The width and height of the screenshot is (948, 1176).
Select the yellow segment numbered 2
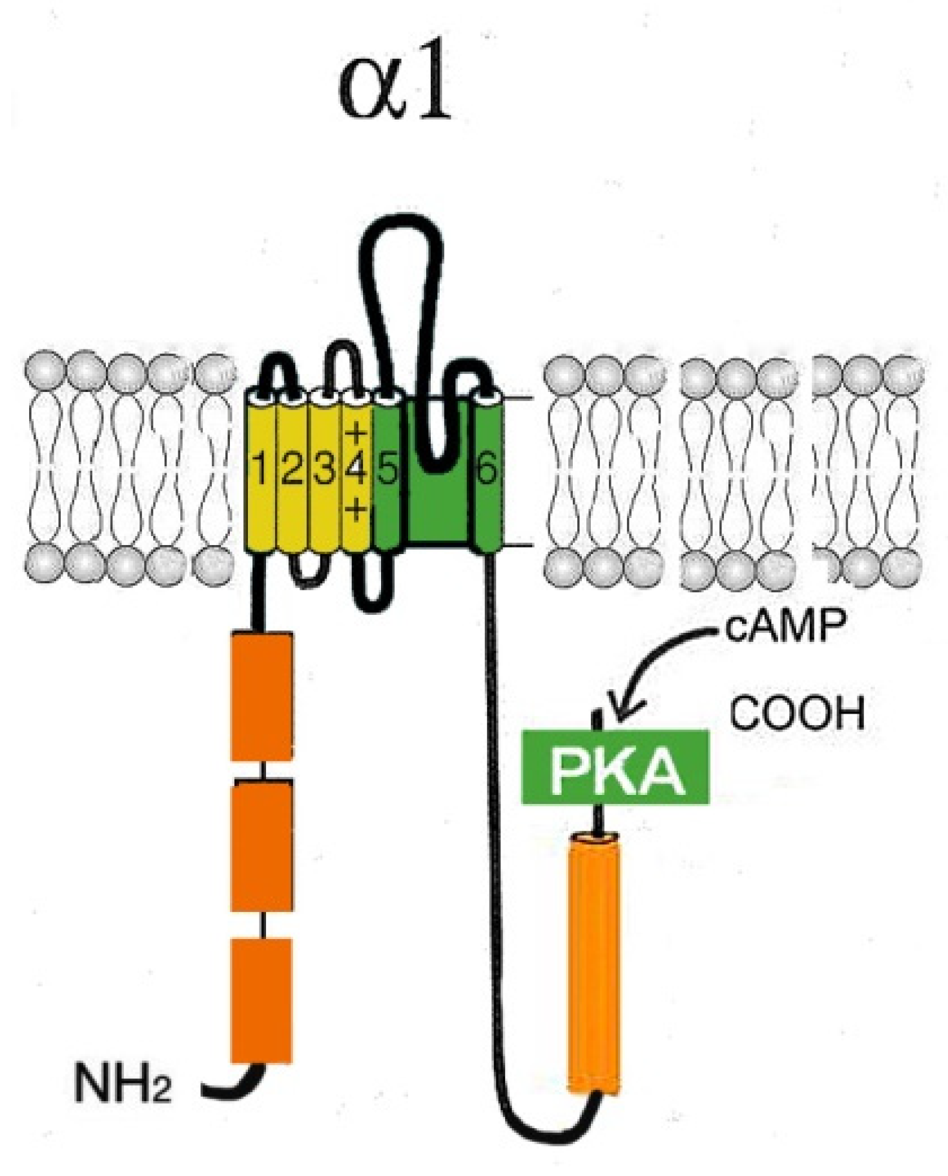tap(292, 471)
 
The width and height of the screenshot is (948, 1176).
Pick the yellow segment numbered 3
tap(324, 471)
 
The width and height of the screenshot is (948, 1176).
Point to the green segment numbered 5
tap(386, 471)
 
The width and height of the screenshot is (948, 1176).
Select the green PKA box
tap(615, 767)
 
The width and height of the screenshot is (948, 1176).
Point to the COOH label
tap(797, 714)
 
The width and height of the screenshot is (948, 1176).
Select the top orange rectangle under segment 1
tap(262, 696)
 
